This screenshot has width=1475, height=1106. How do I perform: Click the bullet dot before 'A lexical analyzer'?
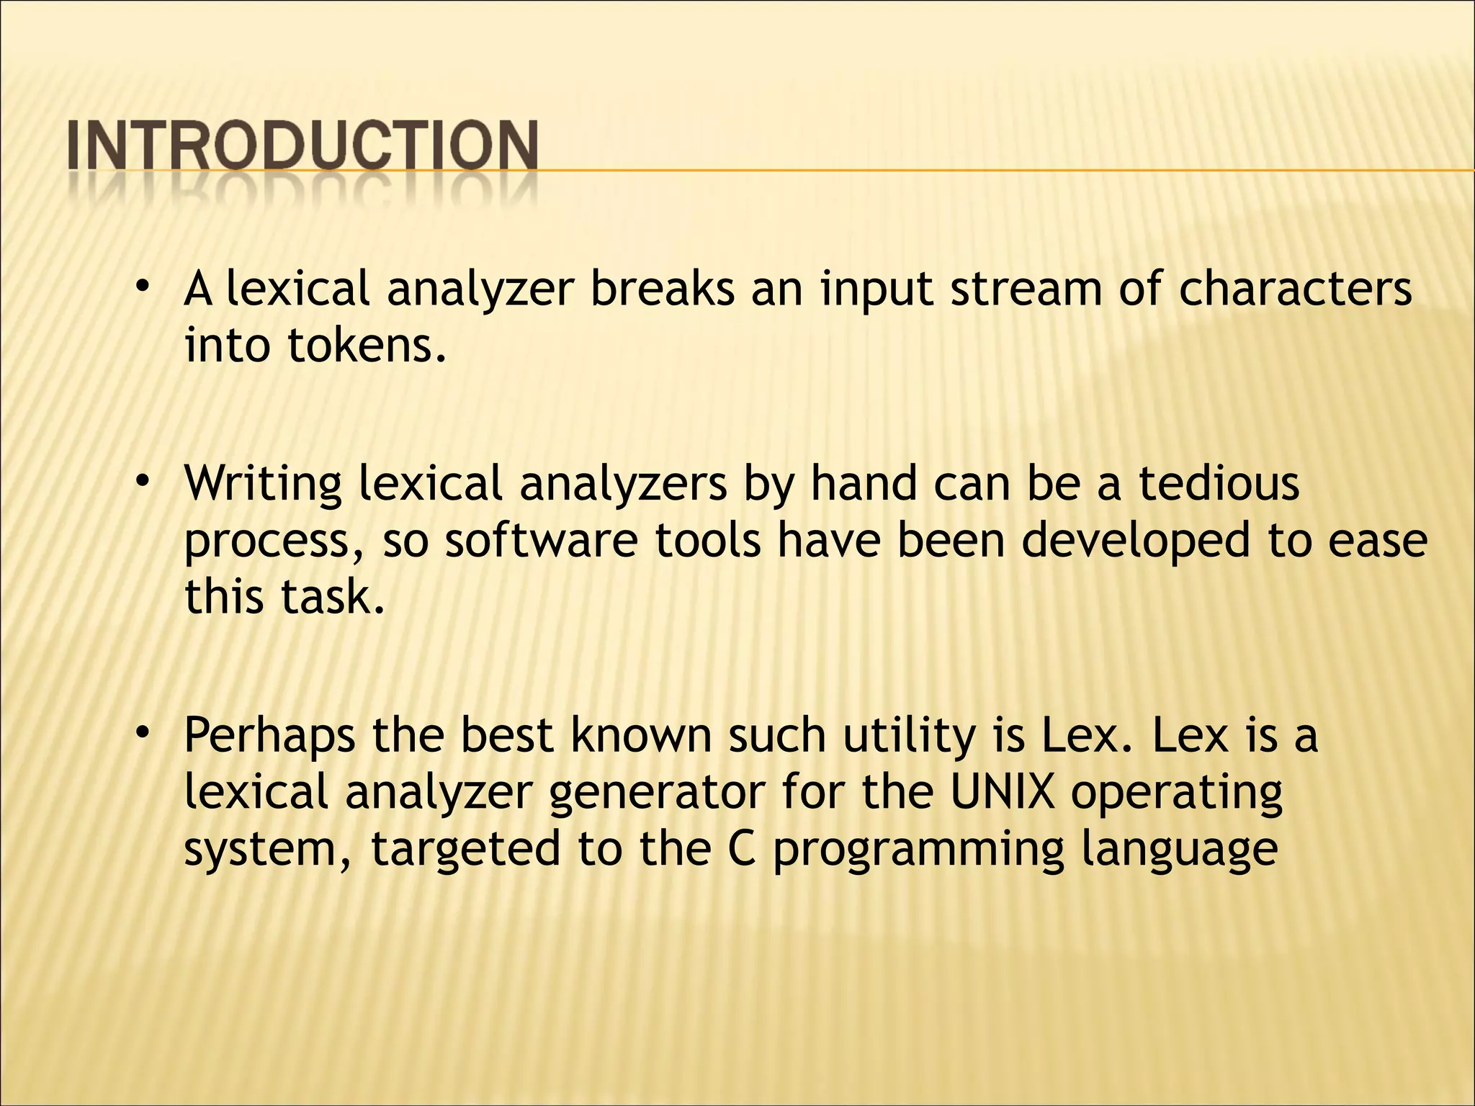[143, 286]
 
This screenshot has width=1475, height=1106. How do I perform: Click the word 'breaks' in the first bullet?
[662, 289]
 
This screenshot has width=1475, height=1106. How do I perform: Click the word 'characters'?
[1294, 289]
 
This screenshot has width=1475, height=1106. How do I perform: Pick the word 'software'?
[541, 540]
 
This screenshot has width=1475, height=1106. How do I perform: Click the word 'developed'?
[1135, 541]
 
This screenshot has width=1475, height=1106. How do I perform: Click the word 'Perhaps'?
[269, 736]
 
